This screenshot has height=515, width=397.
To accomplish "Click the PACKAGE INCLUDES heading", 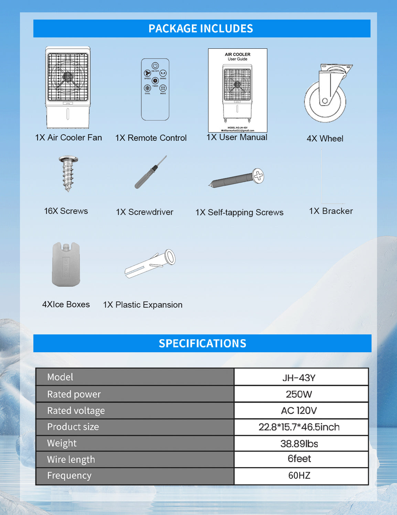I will point(201,28).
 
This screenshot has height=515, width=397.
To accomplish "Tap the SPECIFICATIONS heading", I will point(202,343).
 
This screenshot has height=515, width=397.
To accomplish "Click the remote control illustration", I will point(155,89).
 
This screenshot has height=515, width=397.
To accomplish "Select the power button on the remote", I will point(155,66).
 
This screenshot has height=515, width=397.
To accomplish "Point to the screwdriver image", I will point(151,172).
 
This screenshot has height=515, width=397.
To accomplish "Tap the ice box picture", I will point(66,264).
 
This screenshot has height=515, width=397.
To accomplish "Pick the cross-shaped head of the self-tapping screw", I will point(258,176).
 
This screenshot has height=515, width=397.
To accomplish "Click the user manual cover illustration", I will point(237,90).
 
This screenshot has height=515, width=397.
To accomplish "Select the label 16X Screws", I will point(66,211).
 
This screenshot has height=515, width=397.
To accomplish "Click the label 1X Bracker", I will point(331,211).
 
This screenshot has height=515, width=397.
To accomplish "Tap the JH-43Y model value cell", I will point(299,378).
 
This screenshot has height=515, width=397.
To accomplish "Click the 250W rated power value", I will point(299,394).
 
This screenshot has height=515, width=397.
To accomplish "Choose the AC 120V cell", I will point(299,411).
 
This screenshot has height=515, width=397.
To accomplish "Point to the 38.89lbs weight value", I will point(299,444).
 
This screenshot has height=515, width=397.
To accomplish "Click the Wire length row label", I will point(71,459).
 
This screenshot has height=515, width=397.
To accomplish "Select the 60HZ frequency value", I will point(299,476).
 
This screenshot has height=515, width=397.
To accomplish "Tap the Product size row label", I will point(73,427).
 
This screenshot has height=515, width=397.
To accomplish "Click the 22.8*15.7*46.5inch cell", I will point(299,427).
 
